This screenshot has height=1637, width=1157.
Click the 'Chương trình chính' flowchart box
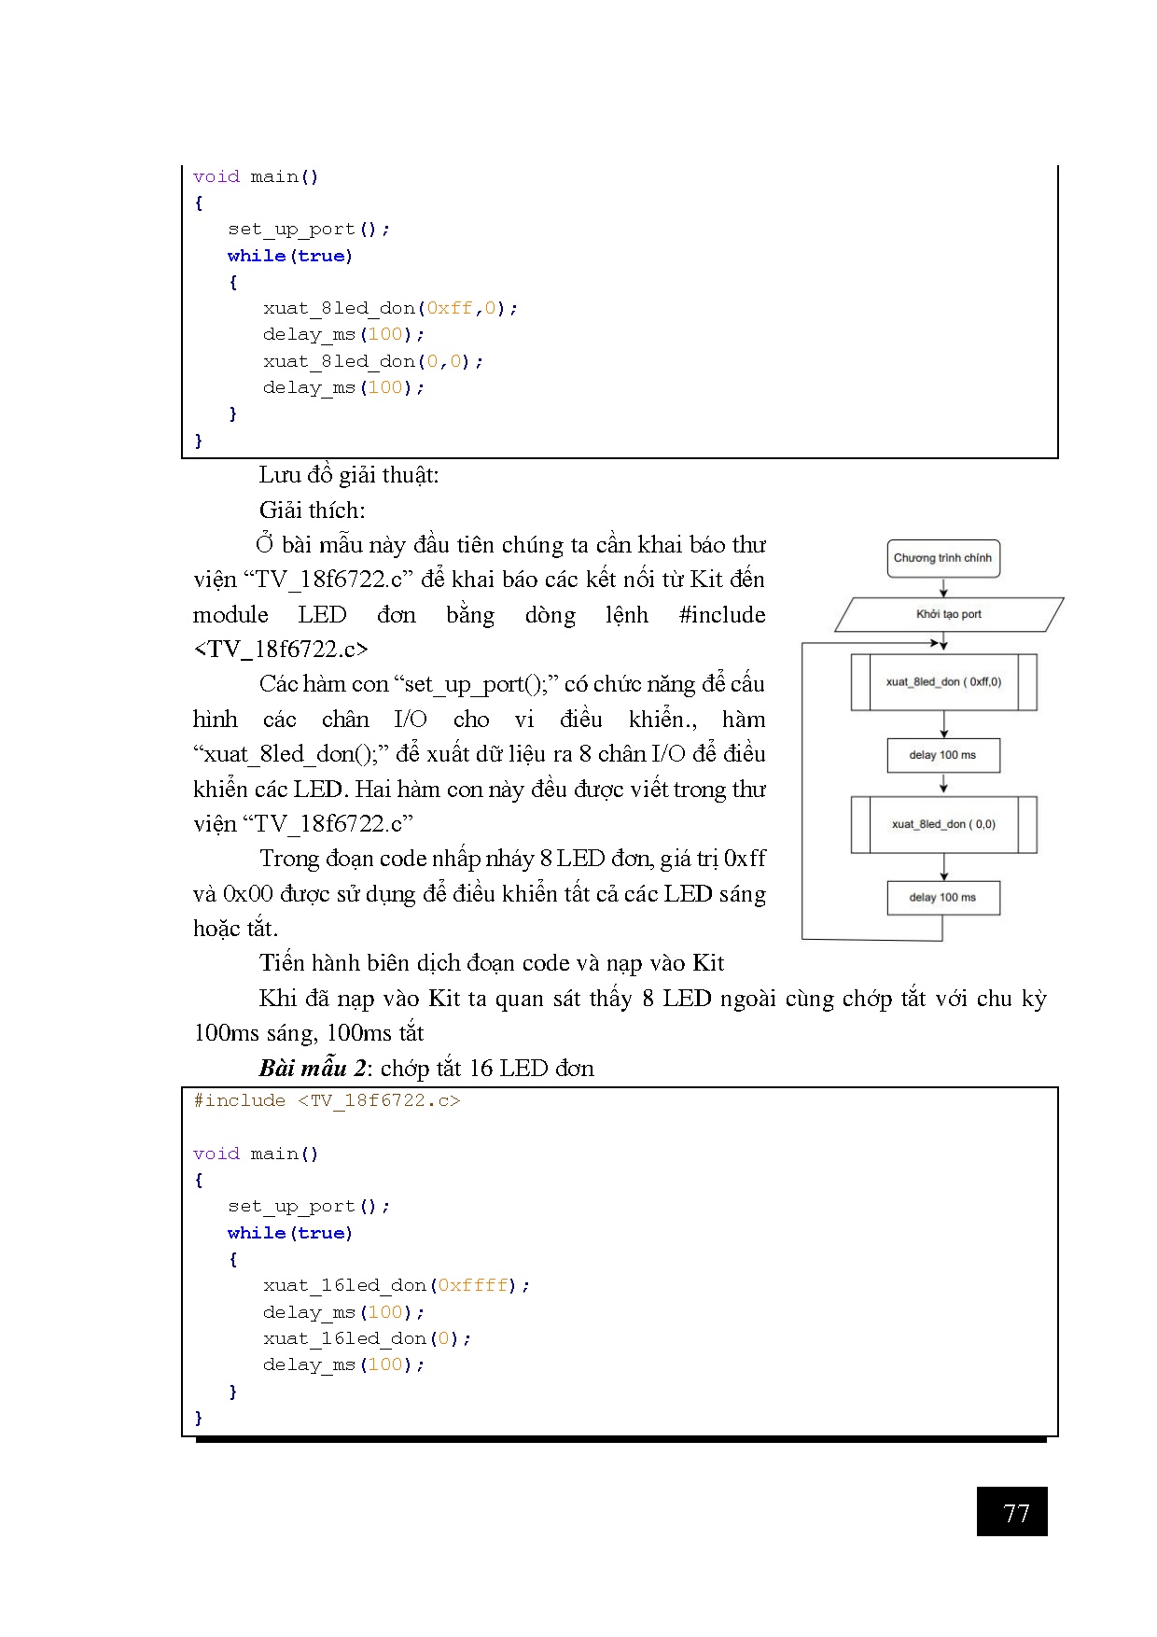point(942,558)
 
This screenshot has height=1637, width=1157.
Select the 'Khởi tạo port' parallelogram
point(948,614)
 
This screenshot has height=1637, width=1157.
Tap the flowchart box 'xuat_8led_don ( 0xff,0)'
point(943,682)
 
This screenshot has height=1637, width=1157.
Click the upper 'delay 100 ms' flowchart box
point(942,755)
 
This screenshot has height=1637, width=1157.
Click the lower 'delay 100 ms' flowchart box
point(942,898)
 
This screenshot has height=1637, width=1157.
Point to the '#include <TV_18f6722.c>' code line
point(327,1101)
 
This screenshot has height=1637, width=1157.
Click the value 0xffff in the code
point(473,1285)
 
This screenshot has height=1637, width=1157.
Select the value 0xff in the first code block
point(450,308)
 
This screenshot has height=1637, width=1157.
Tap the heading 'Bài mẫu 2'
point(313,1068)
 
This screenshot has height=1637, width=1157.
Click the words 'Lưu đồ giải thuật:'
point(349,475)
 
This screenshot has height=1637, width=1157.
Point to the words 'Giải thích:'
point(313,511)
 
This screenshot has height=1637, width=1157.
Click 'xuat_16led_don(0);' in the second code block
point(367,1338)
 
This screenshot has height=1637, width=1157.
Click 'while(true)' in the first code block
point(290,256)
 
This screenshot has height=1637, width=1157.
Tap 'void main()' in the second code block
point(256,1154)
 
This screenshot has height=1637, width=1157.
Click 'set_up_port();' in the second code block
point(309,1206)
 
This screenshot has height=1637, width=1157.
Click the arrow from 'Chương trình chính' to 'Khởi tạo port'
point(943,587)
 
